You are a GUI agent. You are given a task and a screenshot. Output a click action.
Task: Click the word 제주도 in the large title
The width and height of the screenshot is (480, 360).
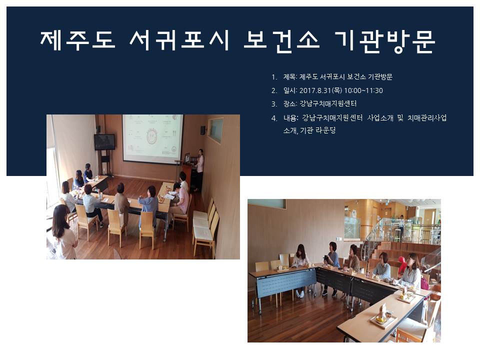(x=78, y=40)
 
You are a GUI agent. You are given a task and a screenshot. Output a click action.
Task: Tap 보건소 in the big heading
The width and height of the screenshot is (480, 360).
(x=281, y=41)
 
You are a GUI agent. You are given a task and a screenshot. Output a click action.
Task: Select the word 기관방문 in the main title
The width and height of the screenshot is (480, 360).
(x=385, y=41)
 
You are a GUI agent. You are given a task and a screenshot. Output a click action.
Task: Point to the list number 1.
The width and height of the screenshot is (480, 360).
(x=274, y=77)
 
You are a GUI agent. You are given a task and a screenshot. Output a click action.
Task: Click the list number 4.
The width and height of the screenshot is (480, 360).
(x=274, y=118)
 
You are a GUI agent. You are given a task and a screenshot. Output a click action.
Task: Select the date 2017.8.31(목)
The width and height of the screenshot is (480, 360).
(x=320, y=90)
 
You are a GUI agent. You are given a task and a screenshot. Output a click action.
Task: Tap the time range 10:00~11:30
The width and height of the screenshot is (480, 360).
(x=363, y=90)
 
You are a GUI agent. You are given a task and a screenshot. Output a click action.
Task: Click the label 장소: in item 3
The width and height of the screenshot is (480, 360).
(x=290, y=104)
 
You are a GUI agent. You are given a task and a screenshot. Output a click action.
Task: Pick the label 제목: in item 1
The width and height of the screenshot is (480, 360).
(x=290, y=77)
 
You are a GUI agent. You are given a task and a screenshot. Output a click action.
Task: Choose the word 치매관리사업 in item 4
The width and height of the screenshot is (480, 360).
(x=427, y=118)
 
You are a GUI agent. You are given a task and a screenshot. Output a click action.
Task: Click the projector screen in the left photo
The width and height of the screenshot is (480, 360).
(x=153, y=137)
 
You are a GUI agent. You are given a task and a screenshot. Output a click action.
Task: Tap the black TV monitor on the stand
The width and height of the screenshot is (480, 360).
(x=104, y=141)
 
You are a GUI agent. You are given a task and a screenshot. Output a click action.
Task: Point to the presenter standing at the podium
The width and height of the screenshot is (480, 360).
(x=199, y=169)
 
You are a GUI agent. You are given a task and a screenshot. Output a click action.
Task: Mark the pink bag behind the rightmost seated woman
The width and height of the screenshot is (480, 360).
(x=424, y=283)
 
